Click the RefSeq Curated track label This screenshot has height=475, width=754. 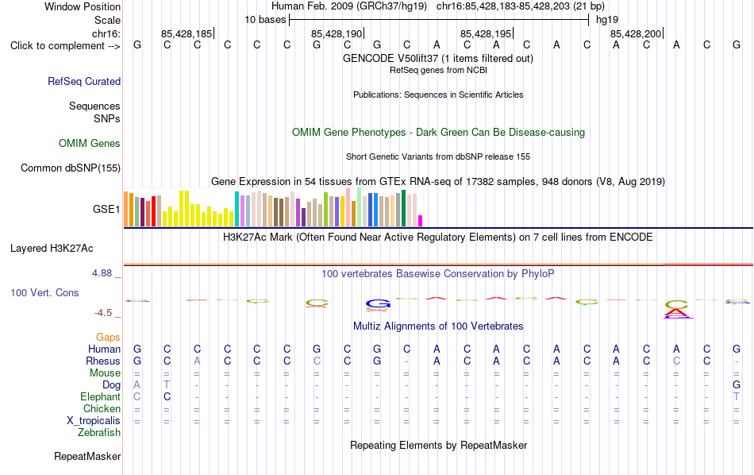(x=84, y=81)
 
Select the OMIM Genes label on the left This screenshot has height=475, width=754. (x=90, y=144)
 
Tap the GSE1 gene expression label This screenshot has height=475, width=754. (x=106, y=209)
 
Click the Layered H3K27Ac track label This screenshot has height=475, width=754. (x=52, y=249)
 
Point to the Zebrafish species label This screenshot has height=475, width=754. (x=99, y=433)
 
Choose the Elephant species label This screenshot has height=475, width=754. (x=100, y=396)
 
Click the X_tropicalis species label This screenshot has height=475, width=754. (x=94, y=421)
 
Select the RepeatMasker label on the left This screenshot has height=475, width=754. (x=87, y=456)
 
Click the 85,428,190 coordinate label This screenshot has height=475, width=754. (x=337, y=33)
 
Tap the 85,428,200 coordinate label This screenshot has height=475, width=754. (x=636, y=33)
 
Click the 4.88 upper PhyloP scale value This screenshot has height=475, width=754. (x=102, y=273)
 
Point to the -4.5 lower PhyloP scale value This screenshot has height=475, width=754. (x=103, y=313)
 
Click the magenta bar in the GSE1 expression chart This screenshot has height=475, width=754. (x=420, y=221)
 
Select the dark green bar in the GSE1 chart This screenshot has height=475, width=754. (x=403, y=208)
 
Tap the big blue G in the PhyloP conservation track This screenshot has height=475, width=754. (x=378, y=303)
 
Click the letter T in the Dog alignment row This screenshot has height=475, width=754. (x=167, y=384)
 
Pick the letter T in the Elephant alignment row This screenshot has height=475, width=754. (x=737, y=396)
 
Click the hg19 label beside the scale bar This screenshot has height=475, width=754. (x=607, y=20)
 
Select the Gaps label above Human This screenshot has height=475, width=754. (x=108, y=337)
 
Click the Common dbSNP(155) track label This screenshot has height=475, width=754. (x=71, y=168)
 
